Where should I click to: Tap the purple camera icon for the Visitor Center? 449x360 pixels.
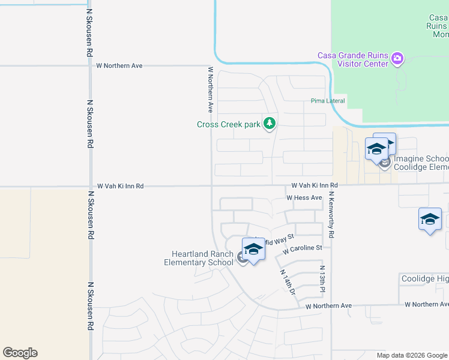point(397,59)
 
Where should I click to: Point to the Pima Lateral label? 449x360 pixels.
point(328,101)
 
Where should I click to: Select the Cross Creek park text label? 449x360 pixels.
point(229,125)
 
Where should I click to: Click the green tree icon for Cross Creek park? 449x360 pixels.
point(270,124)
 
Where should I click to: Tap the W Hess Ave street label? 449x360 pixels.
point(304,197)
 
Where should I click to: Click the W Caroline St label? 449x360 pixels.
point(303,248)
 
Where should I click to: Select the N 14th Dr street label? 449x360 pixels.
point(288,281)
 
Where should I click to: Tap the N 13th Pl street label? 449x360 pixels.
point(322,279)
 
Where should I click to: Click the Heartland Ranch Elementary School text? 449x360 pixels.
point(199,258)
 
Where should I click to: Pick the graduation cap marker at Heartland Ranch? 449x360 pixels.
point(253,250)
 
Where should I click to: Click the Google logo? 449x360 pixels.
point(20,353)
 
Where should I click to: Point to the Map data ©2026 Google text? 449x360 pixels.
point(411,355)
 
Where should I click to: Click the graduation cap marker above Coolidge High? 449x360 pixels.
point(430,220)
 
